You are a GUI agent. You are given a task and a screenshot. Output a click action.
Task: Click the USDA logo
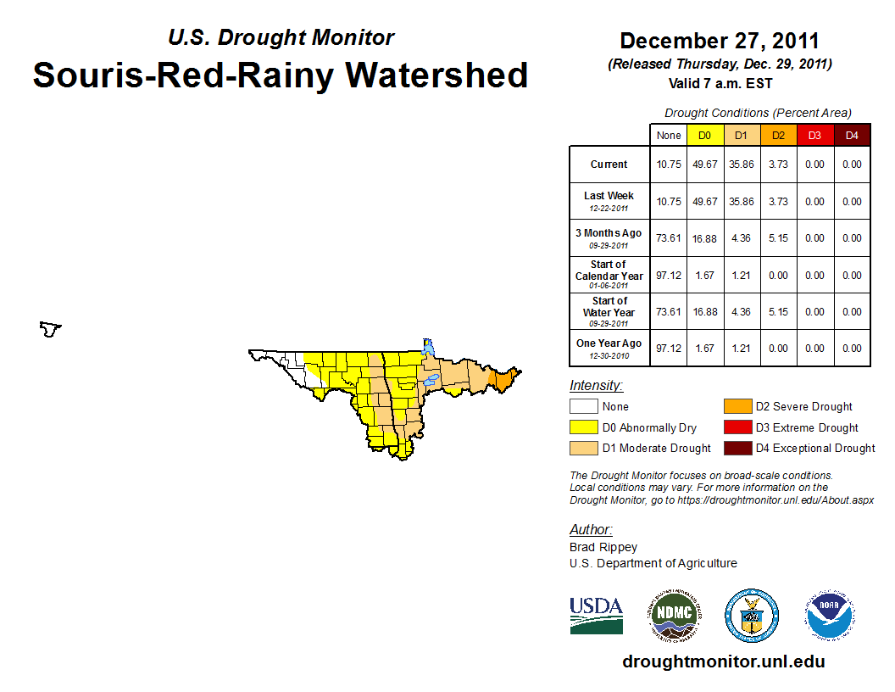[x=596, y=615]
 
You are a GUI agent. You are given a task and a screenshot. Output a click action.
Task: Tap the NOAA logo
[x=830, y=615]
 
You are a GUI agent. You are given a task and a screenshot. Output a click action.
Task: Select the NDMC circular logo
[x=675, y=615]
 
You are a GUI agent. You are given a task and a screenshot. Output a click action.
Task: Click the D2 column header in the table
[x=777, y=136]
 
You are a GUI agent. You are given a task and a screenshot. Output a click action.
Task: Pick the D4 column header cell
[x=852, y=136]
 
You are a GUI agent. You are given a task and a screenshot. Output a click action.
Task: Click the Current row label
[x=609, y=165]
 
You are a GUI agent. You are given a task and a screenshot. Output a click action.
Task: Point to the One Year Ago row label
[x=609, y=343]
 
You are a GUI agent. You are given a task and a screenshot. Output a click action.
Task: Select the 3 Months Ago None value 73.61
[x=668, y=238]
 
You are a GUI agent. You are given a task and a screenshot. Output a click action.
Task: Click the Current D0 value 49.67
[x=705, y=165]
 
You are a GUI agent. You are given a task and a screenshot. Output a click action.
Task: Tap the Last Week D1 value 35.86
[x=742, y=202]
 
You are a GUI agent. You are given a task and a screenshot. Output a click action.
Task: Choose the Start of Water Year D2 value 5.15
[x=777, y=311]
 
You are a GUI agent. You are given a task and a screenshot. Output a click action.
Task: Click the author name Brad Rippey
[x=603, y=547]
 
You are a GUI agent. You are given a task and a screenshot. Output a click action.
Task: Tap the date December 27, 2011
[x=719, y=41]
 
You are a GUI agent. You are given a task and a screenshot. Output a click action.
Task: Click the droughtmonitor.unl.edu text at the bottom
[x=723, y=661]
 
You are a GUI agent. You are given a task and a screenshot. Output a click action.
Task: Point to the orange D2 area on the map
[x=503, y=379]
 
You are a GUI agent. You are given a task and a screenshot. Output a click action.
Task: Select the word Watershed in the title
[x=433, y=75]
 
